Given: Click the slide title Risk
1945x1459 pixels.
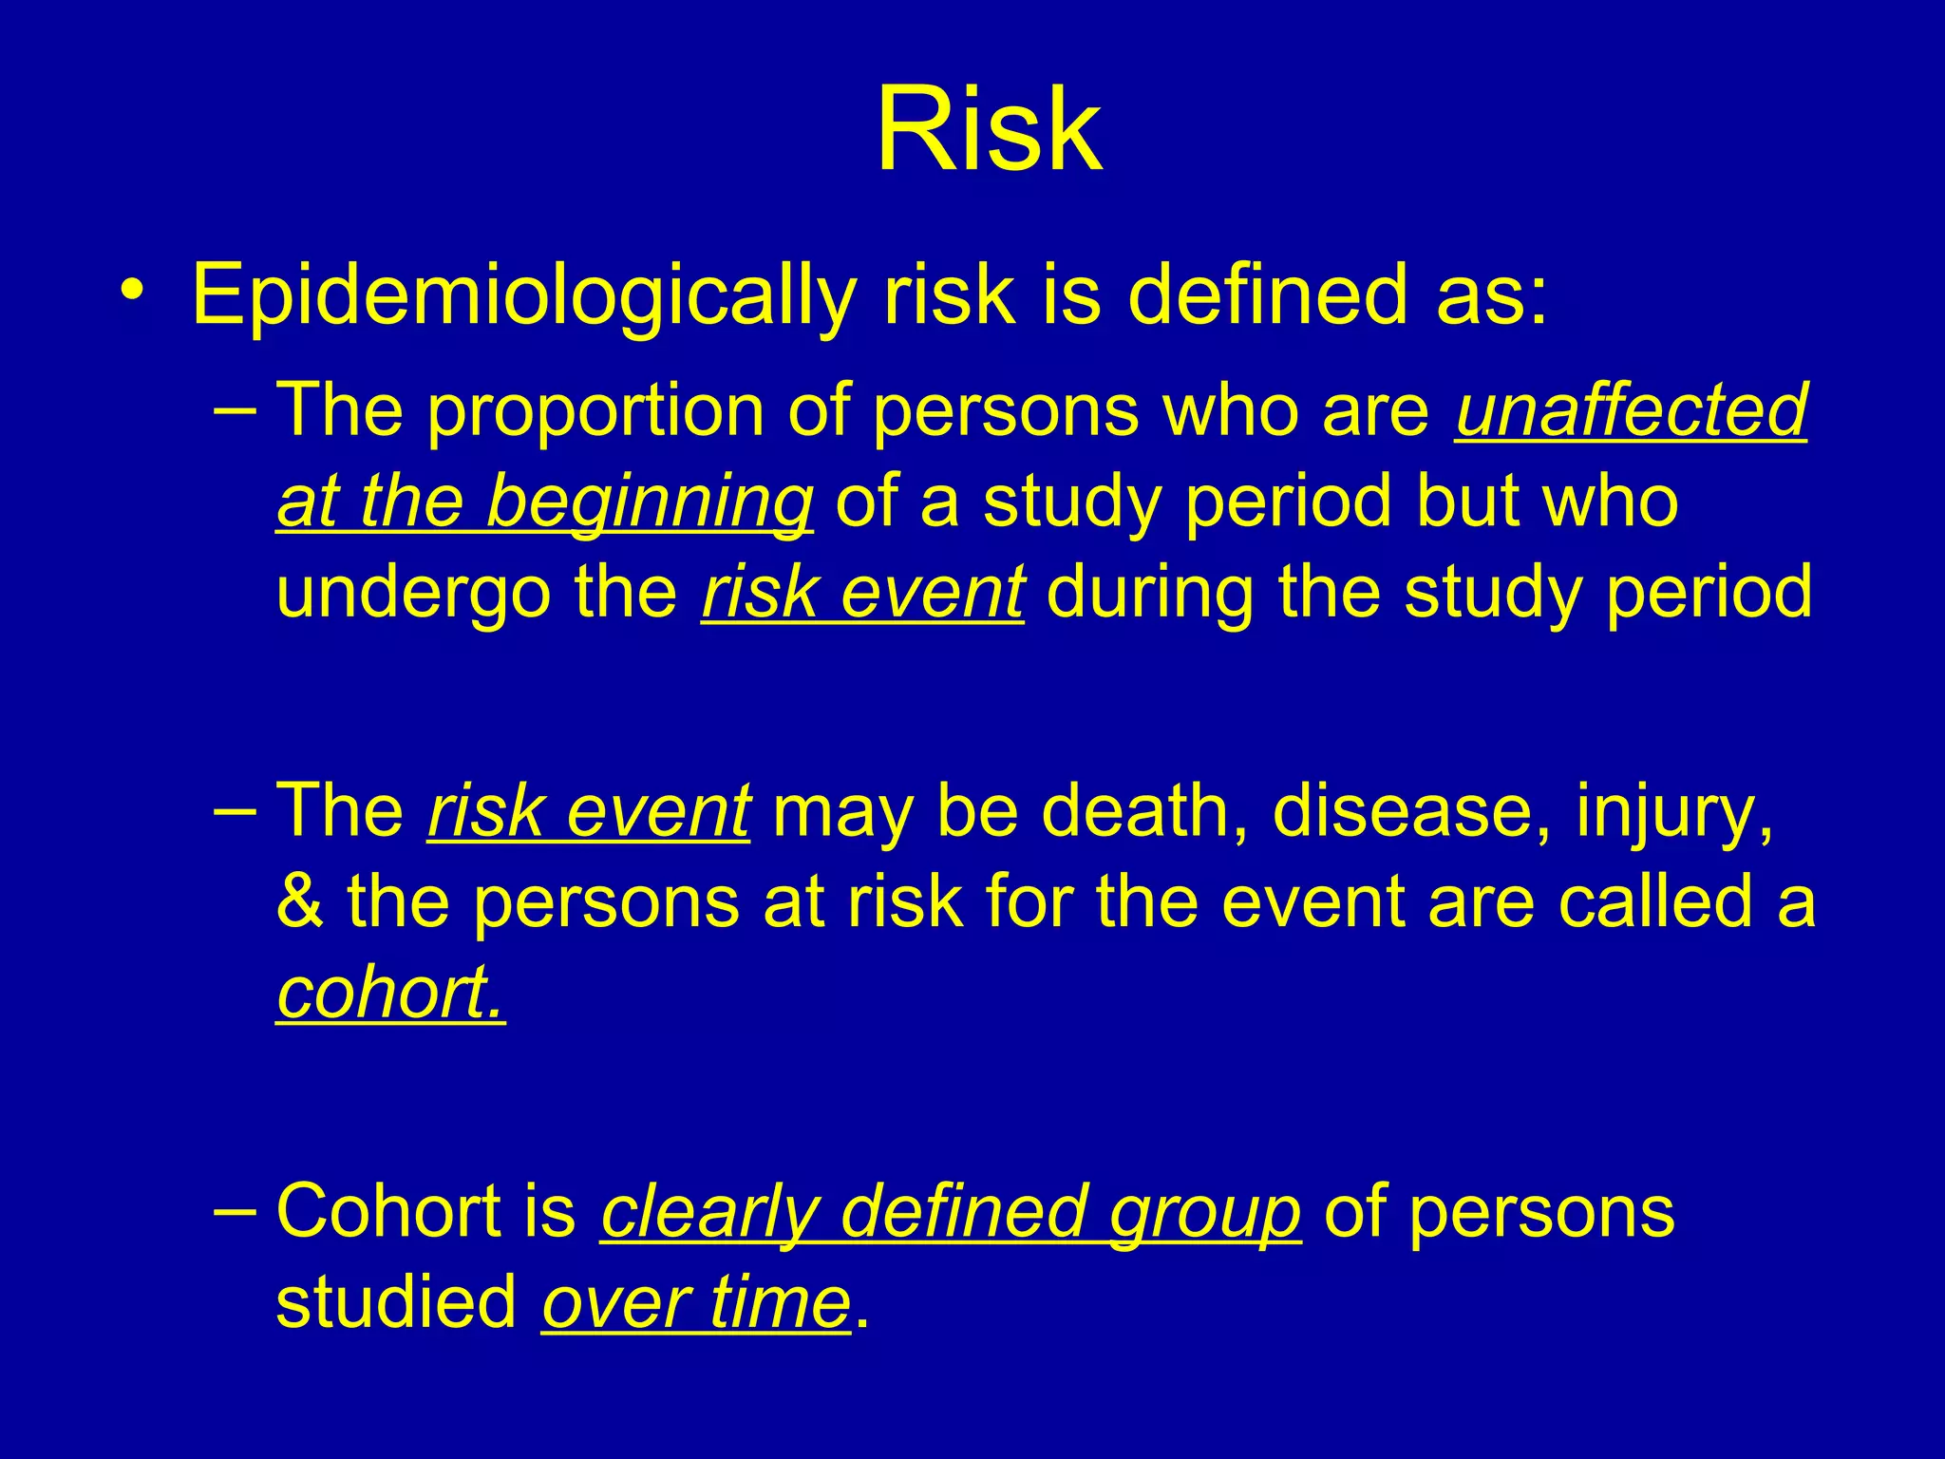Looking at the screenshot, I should point(989,130).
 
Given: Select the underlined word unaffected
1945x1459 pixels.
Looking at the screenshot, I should point(1631,411).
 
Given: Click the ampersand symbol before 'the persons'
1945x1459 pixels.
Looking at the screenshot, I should point(300,902).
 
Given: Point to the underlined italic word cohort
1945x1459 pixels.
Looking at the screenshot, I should point(389,993).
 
